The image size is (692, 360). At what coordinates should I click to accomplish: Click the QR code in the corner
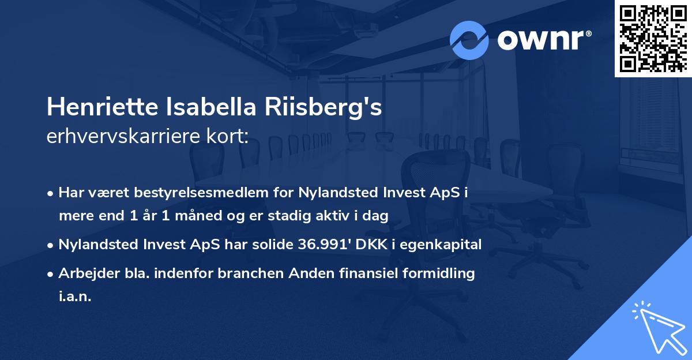point(653,38)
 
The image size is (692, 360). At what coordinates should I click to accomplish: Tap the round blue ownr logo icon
point(469,40)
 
